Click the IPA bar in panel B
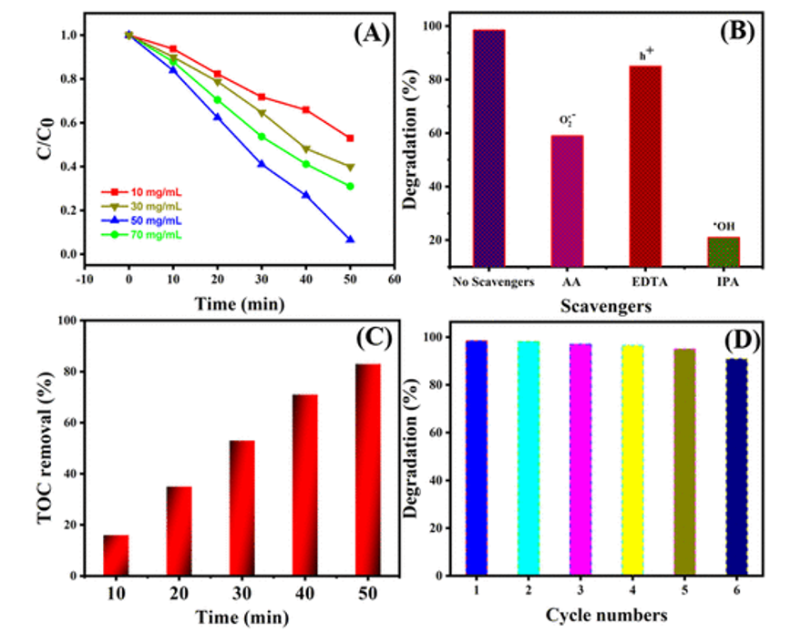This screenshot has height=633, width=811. coord(724,251)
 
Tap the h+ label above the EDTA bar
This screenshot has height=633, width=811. coord(645,55)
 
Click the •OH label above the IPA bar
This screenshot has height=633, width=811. coord(724,226)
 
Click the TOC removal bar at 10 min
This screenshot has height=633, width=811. coord(116,556)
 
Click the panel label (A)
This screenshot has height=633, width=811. coord(370,35)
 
